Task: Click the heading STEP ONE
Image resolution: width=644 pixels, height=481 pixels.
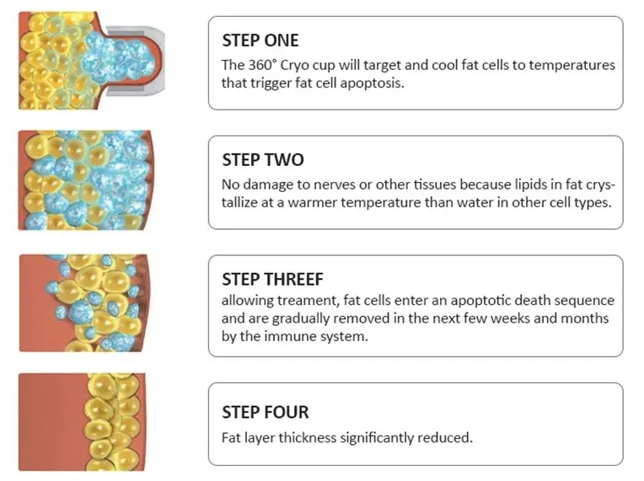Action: (260, 40)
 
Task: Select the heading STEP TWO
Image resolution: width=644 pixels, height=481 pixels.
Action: (263, 160)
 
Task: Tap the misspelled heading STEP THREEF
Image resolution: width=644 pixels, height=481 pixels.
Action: (273, 279)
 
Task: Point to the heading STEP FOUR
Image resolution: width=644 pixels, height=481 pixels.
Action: (266, 412)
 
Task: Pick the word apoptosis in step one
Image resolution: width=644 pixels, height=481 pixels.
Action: (372, 83)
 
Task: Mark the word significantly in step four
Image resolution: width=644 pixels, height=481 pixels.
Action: (378, 438)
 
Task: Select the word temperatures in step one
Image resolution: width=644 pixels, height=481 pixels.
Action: (572, 65)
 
